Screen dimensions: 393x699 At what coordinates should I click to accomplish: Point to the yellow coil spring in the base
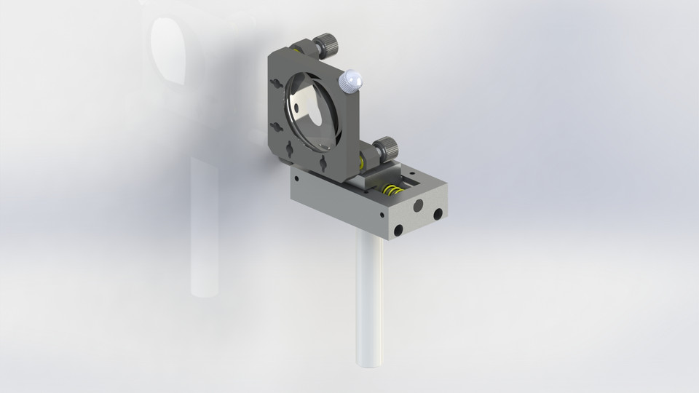point(392,193)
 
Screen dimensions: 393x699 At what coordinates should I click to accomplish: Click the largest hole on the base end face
point(417,207)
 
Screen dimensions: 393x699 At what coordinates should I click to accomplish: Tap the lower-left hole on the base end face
point(398,230)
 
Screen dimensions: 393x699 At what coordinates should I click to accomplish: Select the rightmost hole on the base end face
point(438,215)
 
